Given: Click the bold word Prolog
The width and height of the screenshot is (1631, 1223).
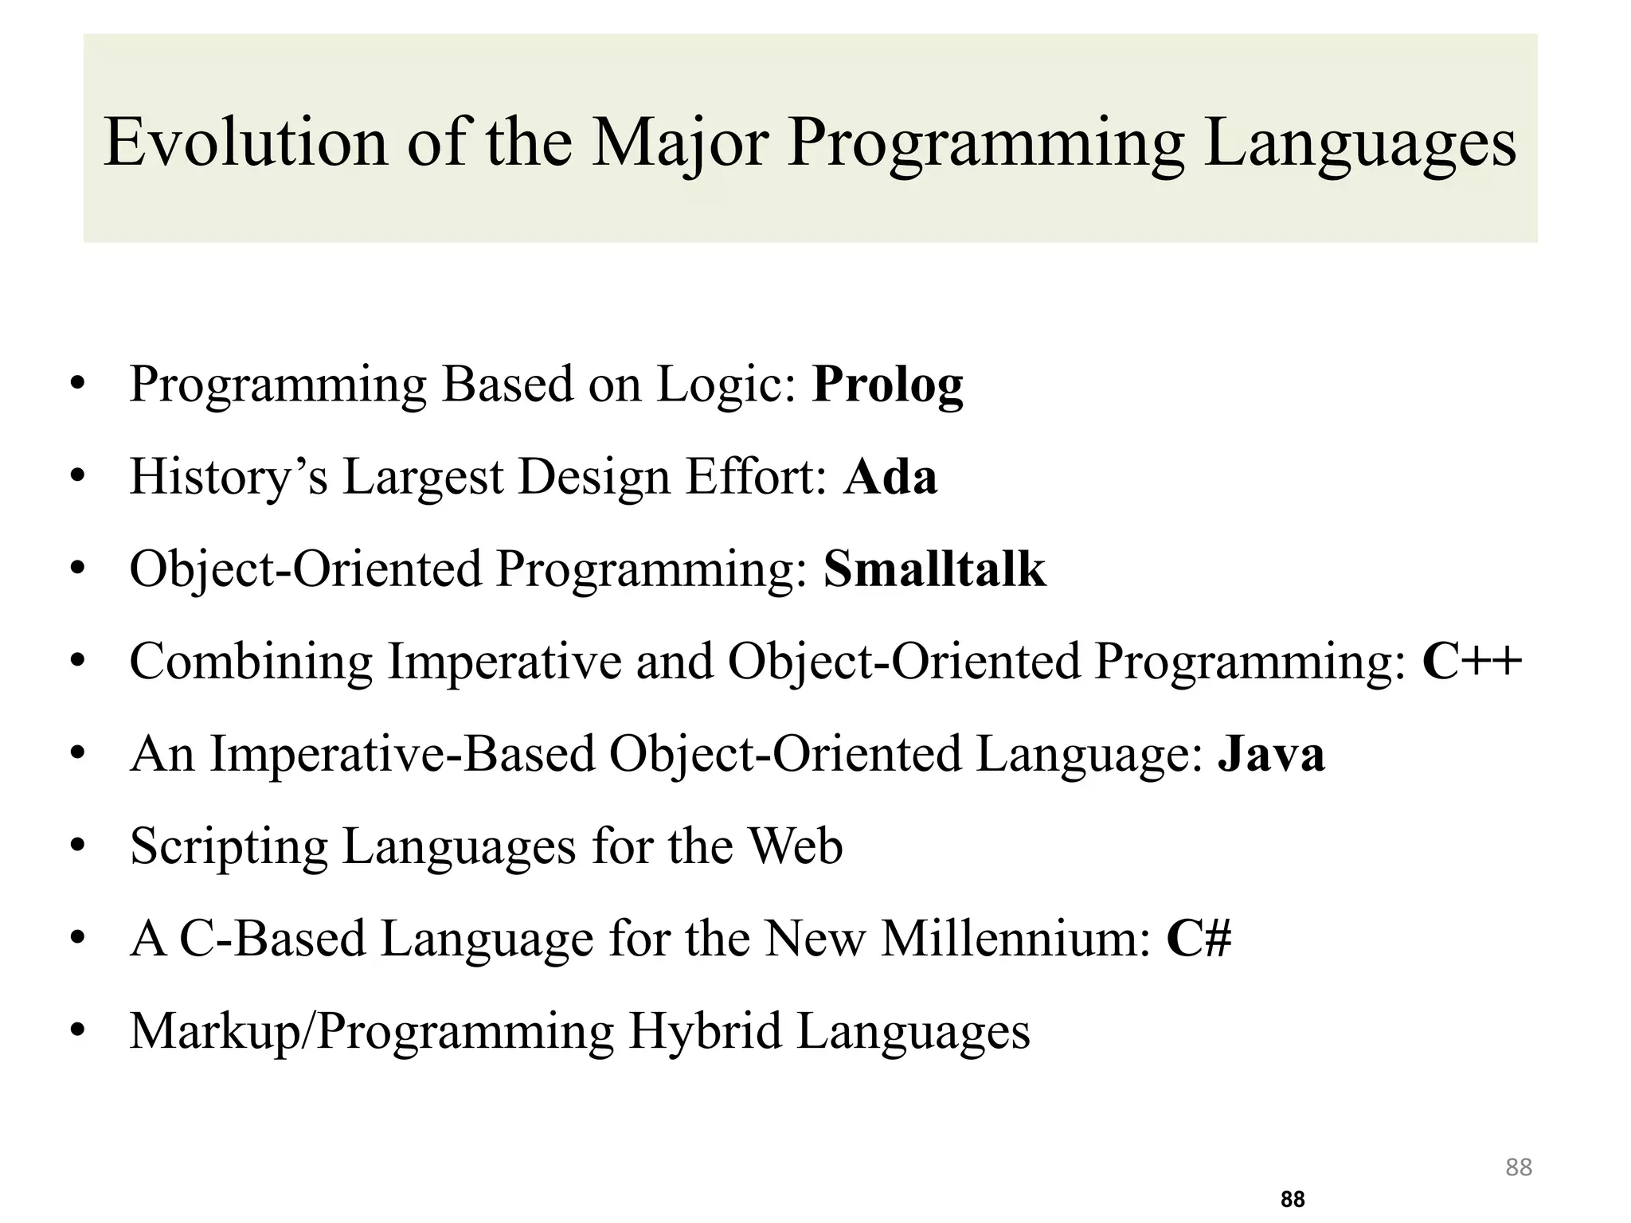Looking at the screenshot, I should click(x=887, y=385).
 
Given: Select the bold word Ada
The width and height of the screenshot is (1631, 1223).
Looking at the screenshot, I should click(x=890, y=478).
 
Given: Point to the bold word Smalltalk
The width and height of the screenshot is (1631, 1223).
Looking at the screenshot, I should click(x=934, y=569).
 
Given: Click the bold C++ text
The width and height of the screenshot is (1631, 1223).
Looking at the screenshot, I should click(x=1472, y=662).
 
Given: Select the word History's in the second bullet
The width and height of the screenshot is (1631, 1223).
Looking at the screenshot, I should click(x=229, y=478).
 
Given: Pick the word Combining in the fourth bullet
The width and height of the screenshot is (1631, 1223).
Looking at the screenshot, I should click(x=251, y=662).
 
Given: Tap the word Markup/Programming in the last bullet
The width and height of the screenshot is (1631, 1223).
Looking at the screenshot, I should click(x=371, y=1031).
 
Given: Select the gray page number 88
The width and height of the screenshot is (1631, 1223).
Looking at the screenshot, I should click(x=1519, y=1167).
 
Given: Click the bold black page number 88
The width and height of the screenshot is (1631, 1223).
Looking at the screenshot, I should click(x=1293, y=1199).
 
